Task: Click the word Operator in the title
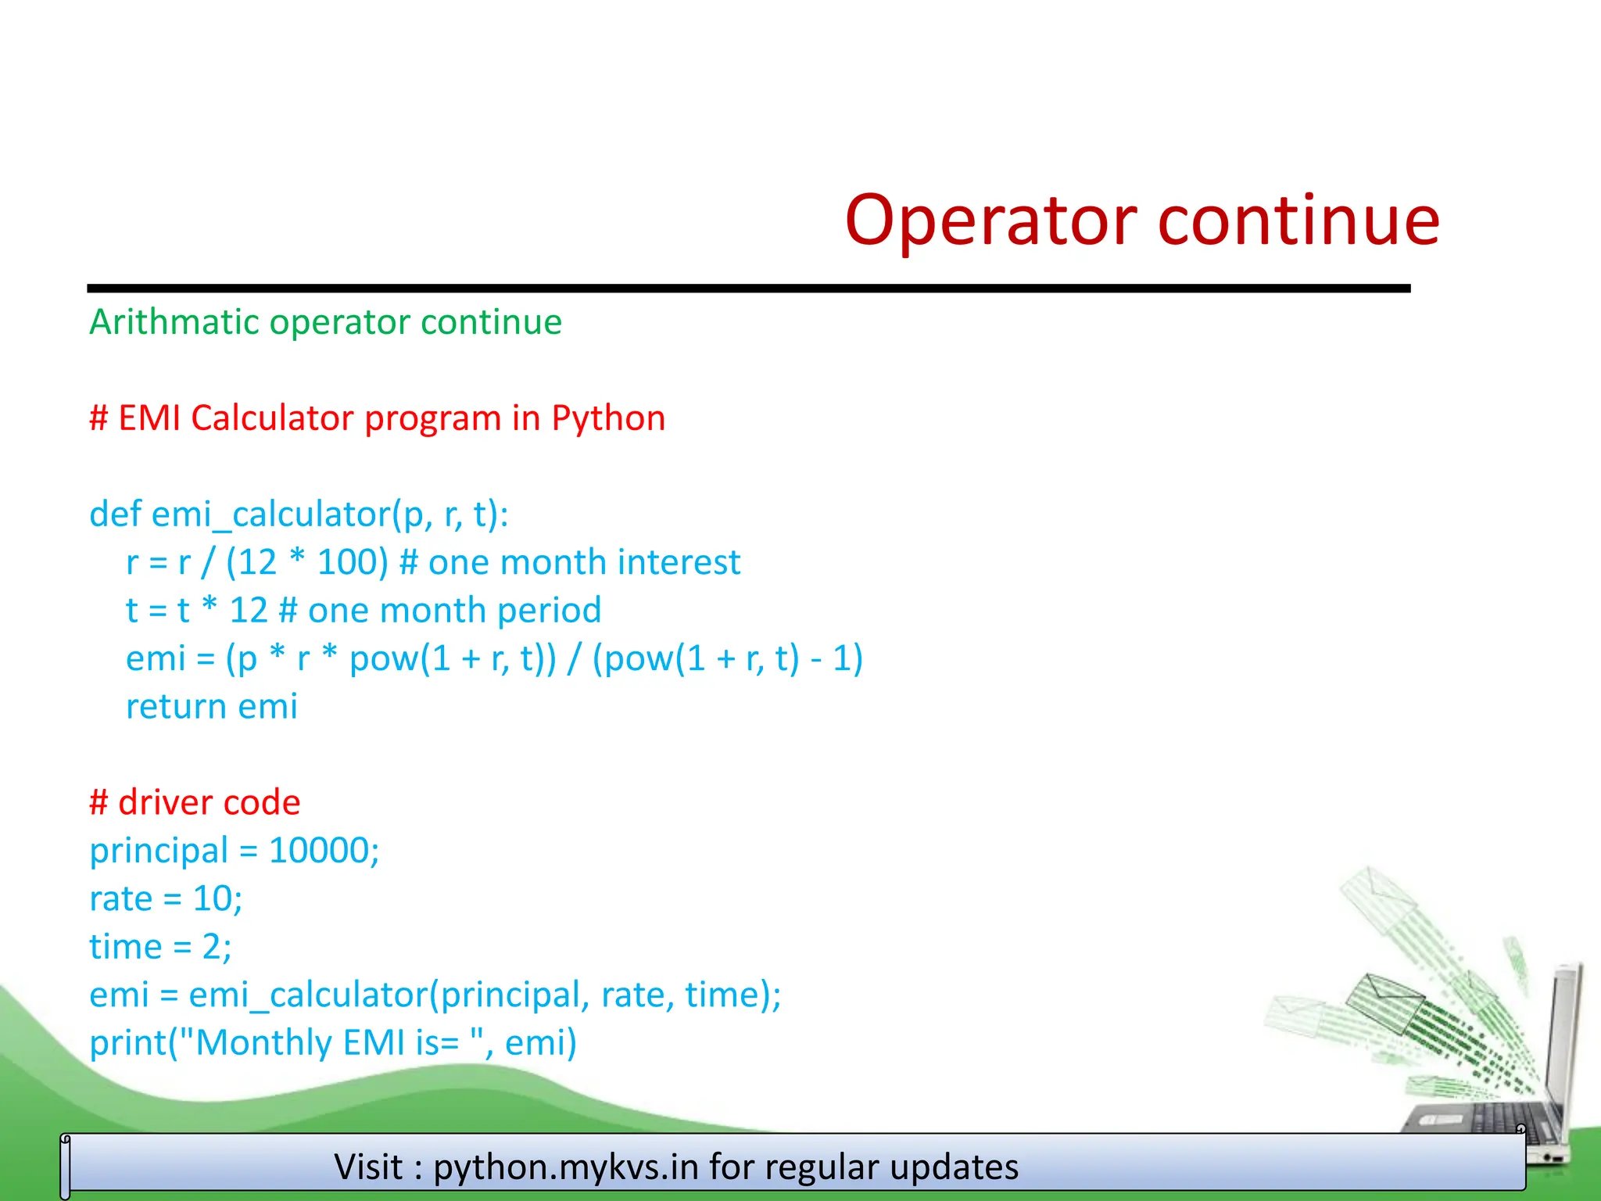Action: coord(990,221)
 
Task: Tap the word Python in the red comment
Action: coord(607,418)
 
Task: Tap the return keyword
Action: coord(176,707)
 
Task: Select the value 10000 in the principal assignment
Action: coord(318,851)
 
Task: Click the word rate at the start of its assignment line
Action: coord(120,899)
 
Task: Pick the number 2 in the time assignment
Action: coord(212,947)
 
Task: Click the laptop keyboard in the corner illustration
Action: coord(1485,1118)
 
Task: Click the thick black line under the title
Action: coord(748,289)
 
